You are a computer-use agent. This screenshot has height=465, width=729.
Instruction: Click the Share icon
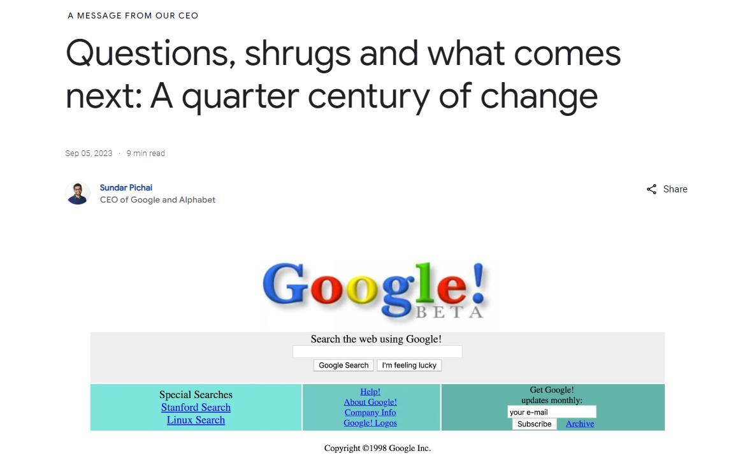[651, 189]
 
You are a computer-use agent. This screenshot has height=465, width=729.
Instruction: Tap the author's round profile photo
[78, 193]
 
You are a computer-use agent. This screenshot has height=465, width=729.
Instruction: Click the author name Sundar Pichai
[126, 188]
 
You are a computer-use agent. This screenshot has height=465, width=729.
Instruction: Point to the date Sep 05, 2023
[89, 154]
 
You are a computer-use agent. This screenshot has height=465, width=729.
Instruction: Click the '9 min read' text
[145, 154]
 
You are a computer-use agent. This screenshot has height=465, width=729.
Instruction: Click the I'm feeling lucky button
[409, 366]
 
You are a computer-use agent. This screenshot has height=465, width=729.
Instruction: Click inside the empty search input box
[377, 352]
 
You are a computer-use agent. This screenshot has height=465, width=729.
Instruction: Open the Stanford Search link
[196, 408]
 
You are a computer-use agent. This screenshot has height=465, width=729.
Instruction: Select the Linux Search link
[196, 420]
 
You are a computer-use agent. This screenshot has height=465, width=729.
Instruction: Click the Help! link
[370, 392]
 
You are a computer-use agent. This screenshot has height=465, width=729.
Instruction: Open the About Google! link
[370, 402]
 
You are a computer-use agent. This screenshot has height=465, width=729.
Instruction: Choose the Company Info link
[370, 413]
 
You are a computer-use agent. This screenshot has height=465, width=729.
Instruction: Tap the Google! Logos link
[370, 423]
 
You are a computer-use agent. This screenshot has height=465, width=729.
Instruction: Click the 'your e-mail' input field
[551, 412]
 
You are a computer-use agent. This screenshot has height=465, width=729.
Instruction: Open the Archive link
[580, 424]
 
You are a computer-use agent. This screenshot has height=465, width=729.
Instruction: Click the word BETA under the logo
[450, 312]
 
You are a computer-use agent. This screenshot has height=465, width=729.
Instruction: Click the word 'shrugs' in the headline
[298, 55]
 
